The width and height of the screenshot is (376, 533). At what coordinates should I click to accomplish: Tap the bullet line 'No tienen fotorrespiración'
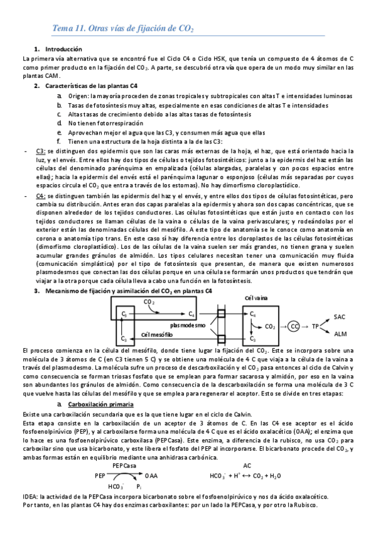[x=102, y=123]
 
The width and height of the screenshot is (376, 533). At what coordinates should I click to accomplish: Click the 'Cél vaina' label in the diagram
[x=257, y=297]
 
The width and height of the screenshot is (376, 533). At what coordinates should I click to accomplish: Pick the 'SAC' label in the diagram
[x=340, y=317]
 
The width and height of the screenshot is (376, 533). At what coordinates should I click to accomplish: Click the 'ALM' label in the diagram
[x=340, y=334]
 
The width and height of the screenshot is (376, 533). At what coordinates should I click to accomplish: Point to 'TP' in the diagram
[x=316, y=326]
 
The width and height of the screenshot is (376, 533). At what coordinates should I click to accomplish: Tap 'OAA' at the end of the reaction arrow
[x=151, y=476]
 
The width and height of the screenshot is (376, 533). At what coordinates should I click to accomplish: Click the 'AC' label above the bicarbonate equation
[x=247, y=466]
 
